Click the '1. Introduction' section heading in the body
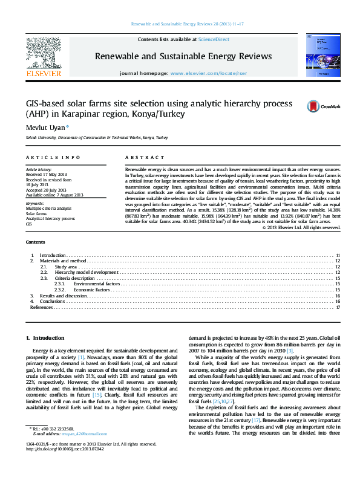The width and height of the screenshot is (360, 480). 48,337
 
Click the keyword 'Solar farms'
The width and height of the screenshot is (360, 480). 36,213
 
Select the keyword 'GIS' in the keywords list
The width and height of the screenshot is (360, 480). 28,224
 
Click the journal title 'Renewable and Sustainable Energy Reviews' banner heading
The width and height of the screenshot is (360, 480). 183,56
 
